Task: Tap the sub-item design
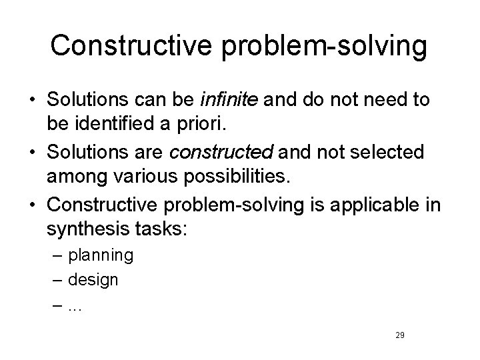(x=94, y=280)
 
